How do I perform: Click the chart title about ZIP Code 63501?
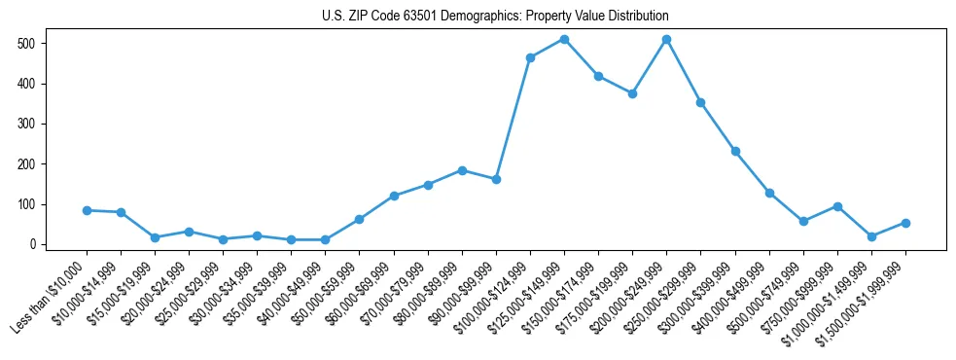(495, 17)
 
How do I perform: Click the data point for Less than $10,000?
(87, 210)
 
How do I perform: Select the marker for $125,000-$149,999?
(564, 40)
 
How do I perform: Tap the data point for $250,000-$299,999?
(700, 102)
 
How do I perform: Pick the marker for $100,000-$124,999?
(530, 58)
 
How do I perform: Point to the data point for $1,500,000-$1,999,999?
(905, 223)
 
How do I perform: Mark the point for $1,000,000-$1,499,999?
(871, 236)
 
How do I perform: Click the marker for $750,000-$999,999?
(837, 206)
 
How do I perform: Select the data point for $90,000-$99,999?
(496, 180)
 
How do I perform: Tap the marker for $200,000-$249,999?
(666, 40)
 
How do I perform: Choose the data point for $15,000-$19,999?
(155, 237)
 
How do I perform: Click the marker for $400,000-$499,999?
(769, 194)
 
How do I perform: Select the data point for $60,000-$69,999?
(394, 197)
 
